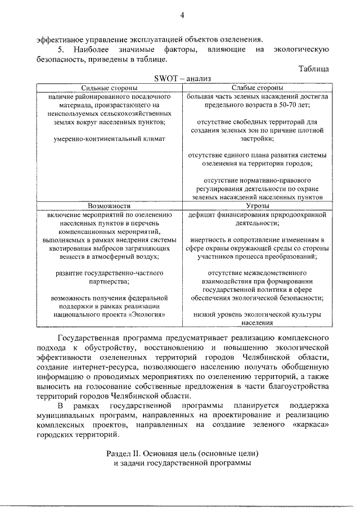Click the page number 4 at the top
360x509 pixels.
coord(182,15)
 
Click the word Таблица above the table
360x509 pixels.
coord(312,69)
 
